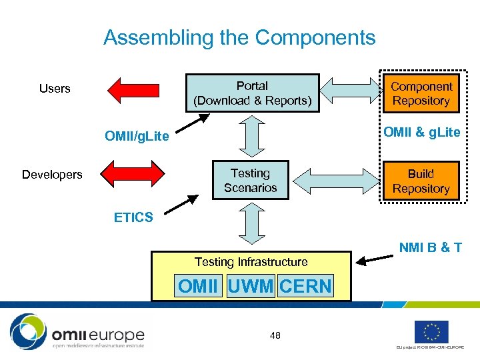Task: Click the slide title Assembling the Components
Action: click(x=239, y=37)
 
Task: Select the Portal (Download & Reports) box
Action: click(x=252, y=93)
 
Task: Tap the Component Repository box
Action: click(x=421, y=93)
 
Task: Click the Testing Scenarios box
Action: click(x=250, y=181)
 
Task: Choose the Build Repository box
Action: click(x=421, y=181)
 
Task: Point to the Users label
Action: click(x=55, y=89)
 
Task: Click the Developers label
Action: click(x=52, y=175)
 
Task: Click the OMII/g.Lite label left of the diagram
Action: click(x=137, y=137)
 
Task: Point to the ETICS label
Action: click(x=133, y=217)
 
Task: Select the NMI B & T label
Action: click(x=431, y=248)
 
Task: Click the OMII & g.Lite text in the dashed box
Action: click(x=421, y=132)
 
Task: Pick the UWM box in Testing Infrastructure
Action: click(x=250, y=287)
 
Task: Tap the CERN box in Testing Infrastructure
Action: click(x=305, y=287)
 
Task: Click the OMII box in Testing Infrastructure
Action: click(x=198, y=287)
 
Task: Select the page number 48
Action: click(x=275, y=335)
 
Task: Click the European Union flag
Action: click(x=431, y=331)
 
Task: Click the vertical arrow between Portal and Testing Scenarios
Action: click(x=251, y=137)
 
